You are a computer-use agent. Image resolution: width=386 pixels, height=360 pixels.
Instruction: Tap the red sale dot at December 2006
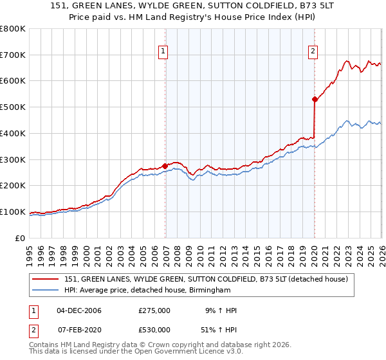tap(165, 166)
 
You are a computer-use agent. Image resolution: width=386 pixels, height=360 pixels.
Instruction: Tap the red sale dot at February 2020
tap(315, 99)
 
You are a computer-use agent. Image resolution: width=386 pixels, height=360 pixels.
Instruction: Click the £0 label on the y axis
tap(19, 239)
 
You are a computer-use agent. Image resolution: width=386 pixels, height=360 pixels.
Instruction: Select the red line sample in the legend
tap(45, 279)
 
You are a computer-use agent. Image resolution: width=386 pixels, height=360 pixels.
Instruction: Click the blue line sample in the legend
tap(45, 291)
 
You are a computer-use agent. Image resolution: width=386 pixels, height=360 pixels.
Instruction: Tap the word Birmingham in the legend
tap(208, 291)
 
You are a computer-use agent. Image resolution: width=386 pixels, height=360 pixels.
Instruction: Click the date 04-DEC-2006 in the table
tap(79, 310)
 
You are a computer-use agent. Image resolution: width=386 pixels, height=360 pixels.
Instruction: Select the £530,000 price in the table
tap(154, 329)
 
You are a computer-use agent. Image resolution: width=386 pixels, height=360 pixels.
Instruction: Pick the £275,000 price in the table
tap(154, 310)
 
